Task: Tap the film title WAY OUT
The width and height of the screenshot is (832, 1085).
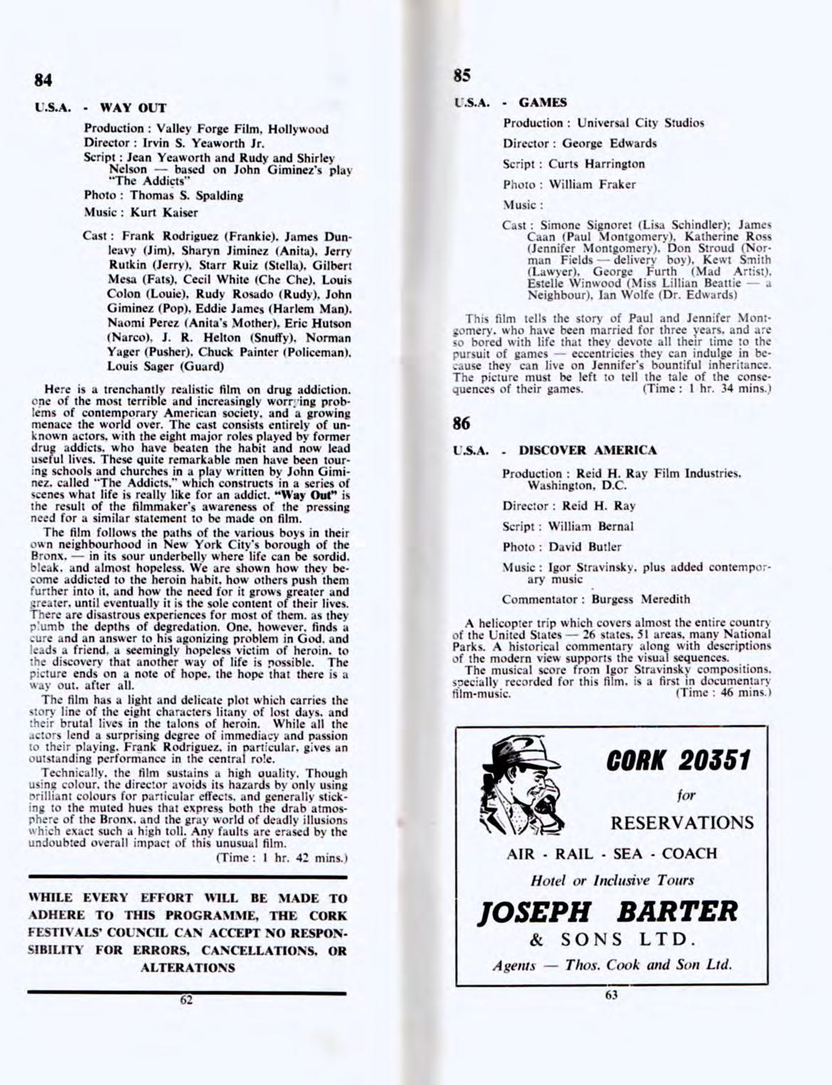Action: click(x=132, y=108)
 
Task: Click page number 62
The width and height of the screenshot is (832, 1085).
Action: click(x=187, y=999)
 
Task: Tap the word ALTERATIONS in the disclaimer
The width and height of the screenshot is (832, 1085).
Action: click(x=187, y=968)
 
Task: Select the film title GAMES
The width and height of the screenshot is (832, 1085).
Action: click(x=543, y=102)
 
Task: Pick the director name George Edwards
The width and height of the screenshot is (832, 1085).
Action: click(x=610, y=143)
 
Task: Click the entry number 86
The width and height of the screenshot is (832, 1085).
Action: click(x=461, y=423)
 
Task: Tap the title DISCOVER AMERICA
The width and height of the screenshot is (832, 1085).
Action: click(x=588, y=450)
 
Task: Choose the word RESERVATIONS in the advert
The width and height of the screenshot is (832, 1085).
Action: click(x=682, y=824)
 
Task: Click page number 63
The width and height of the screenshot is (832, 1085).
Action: click(x=610, y=995)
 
